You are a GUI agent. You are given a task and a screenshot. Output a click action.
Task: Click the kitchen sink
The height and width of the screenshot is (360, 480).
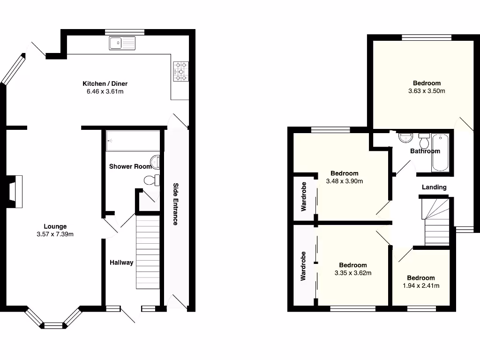tap(122, 43)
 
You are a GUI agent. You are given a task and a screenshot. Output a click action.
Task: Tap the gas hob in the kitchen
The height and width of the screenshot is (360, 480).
tap(181, 72)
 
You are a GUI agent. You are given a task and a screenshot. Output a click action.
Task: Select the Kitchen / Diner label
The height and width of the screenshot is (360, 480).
tap(105, 83)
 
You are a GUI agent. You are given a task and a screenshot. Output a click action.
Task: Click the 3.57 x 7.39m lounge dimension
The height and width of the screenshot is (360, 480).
tap(55, 234)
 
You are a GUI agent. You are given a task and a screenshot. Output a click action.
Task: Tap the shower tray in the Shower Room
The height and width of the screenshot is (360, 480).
tap(133, 141)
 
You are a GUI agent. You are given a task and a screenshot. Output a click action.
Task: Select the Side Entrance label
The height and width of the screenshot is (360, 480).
tap(175, 204)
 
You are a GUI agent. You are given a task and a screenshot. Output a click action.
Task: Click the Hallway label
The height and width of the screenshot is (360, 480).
tap(121, 262)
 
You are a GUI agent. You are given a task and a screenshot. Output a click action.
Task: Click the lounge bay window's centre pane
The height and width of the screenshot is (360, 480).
tap(53, 324)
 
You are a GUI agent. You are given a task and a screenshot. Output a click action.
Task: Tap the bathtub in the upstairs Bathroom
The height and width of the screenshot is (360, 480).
tap(440, 153)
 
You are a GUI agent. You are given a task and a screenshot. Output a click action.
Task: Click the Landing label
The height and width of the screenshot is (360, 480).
tap(434, 187)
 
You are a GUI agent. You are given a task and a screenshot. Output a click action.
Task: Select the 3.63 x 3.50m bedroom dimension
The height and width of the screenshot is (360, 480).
tap(427, 91)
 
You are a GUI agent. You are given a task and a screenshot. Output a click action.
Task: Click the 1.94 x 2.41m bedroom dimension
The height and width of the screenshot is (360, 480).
tap(420, 285)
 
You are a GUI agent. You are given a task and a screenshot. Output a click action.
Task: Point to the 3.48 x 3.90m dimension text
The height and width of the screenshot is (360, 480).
tap(344, 181)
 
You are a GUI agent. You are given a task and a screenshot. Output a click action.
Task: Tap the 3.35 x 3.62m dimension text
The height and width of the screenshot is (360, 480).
tap(353, 273)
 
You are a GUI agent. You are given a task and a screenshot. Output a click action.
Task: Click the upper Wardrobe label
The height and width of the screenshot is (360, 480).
tap(303, 196)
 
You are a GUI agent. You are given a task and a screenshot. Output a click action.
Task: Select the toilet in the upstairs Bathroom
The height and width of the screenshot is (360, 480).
tap(424, 141)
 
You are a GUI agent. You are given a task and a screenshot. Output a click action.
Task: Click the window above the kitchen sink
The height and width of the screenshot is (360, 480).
tap(124, 32)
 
